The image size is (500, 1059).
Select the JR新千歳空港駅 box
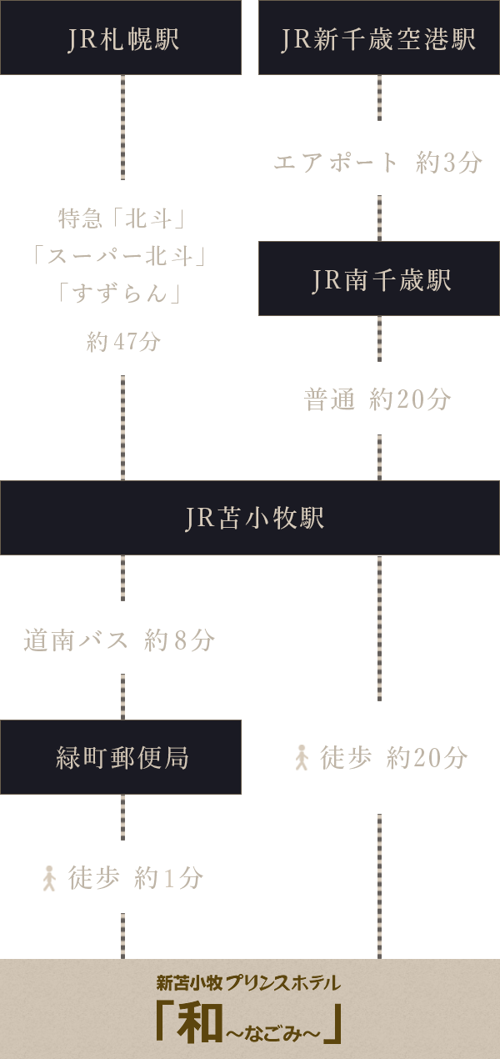click(x=379, y=38)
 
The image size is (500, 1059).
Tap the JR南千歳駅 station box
click(x=379, y=279)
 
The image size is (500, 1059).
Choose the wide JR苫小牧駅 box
click(x=250, y=518)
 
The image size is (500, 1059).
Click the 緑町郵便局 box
click(x=121, y=757)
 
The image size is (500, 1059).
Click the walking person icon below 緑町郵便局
click(x=50, y=877)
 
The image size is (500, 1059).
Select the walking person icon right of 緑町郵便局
click(x=302, y=757)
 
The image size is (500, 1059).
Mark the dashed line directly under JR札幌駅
click(x=122, y=127)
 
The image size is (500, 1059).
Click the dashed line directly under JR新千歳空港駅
click(x=379, y=98)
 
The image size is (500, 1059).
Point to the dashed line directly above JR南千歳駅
click(x=379, y=218)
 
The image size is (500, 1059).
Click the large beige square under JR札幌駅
click(x=117, y=255)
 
